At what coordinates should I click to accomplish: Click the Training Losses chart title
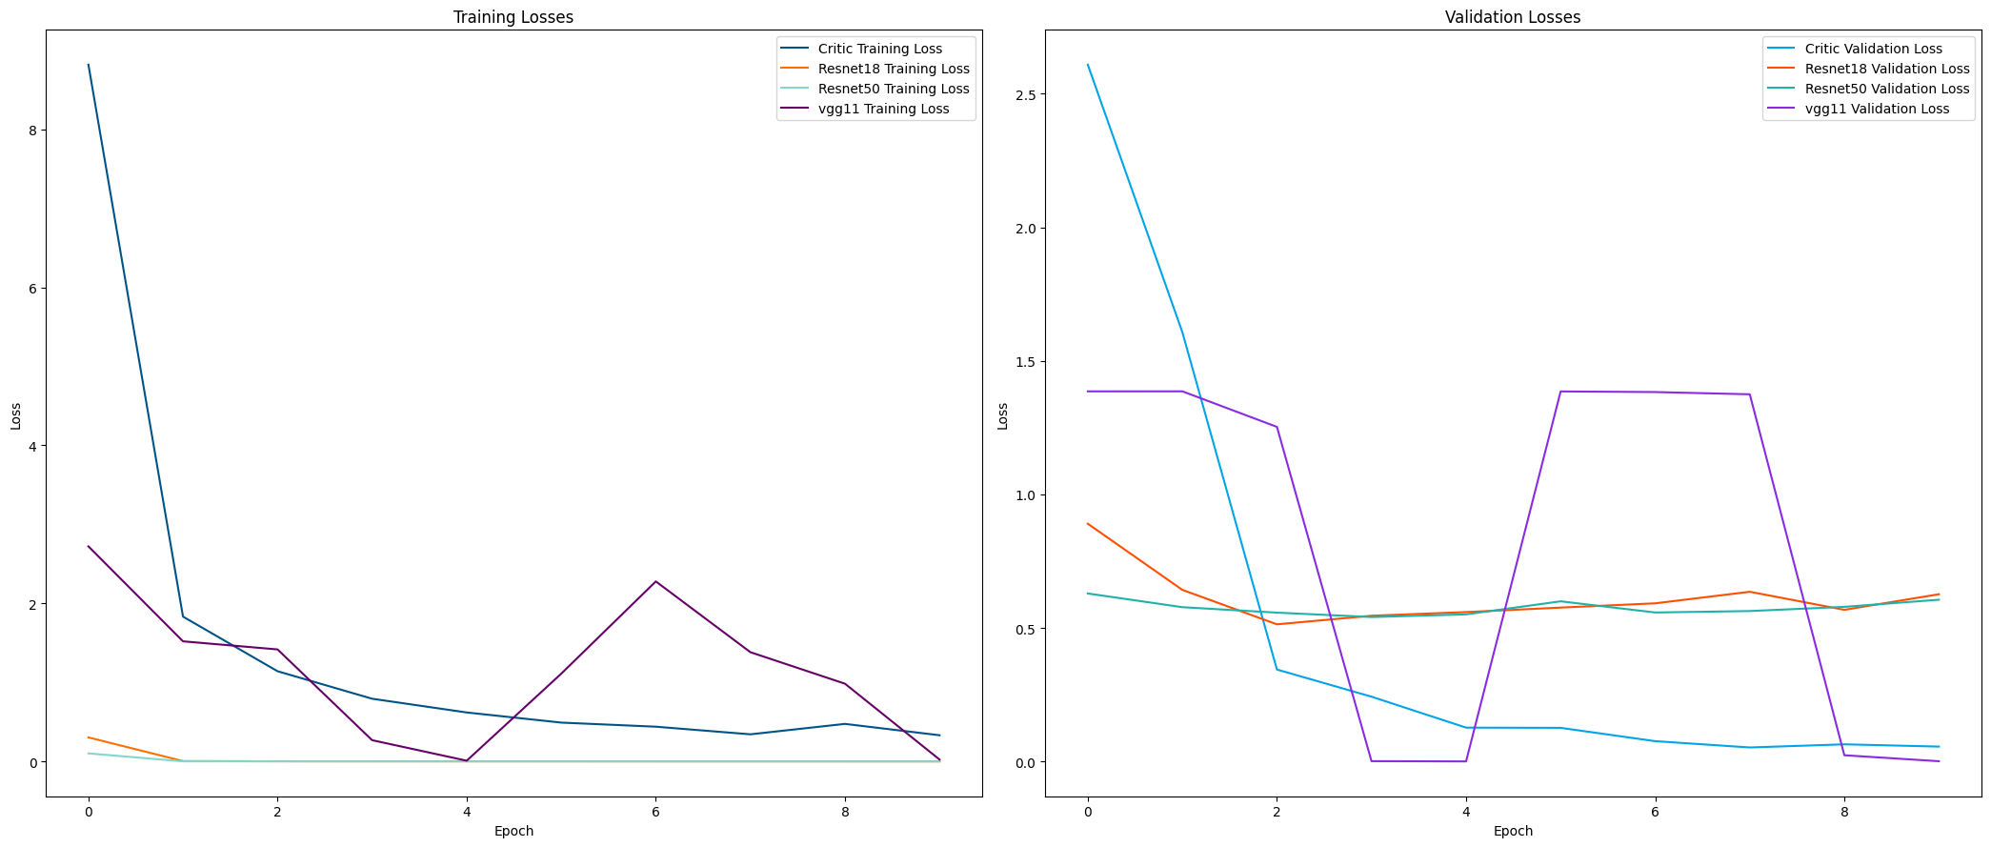[513, 17]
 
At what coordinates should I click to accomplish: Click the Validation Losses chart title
[1513, 17]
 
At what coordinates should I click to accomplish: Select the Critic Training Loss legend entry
[879, 49]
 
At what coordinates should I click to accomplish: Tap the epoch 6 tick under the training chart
[655, 812]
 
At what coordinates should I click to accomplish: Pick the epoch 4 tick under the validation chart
[1465, 812]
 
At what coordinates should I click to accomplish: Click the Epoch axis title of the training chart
[513, 831]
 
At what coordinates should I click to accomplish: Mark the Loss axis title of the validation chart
[1002, 415]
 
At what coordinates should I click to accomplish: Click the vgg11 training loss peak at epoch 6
[655, 581]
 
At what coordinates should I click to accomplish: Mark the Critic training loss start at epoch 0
[89, 65]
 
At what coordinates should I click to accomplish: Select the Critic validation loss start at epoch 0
[1087, 65]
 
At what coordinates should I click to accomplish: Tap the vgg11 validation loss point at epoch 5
[1560, 392]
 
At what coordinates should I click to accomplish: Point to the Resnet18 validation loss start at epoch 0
[1087, 523]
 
